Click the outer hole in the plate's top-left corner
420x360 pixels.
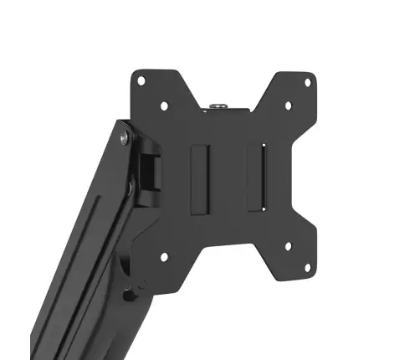[141, 80]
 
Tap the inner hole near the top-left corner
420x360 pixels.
[165, 106]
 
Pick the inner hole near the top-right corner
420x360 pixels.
[288, 106]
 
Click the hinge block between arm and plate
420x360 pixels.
[150, 172]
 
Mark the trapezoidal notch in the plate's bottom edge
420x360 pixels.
[226, 285]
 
